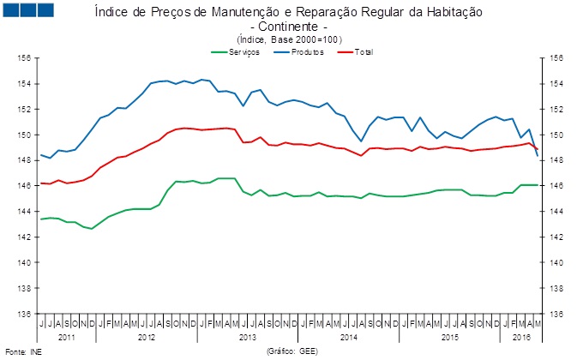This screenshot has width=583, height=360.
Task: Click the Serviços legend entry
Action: click(244, 52)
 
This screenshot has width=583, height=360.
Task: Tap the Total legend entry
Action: click(363, 52)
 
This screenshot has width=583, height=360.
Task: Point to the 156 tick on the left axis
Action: click(26, 58)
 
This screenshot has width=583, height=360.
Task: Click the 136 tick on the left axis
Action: click(26, 314)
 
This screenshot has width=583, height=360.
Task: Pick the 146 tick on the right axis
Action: click(556, 186)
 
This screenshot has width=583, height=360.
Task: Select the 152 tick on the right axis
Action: click(556, 110)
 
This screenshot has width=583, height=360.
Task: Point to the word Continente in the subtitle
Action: click(291, 27)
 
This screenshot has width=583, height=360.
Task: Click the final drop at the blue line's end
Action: click(538, 156)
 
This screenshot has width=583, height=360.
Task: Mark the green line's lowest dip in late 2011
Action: click(92, 229)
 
